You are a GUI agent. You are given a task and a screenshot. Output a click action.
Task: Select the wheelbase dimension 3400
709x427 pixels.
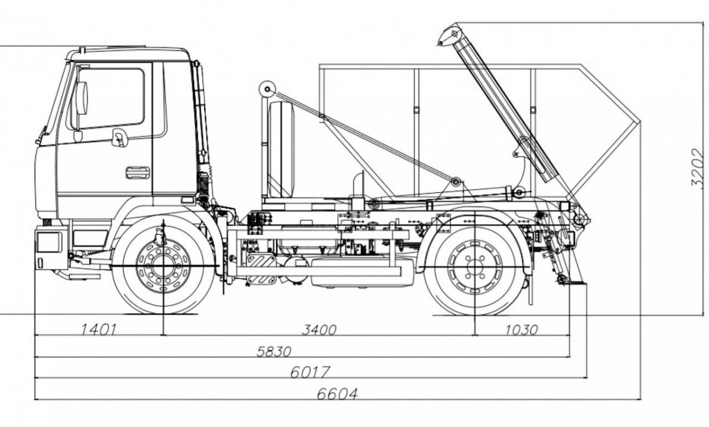click(319, 329)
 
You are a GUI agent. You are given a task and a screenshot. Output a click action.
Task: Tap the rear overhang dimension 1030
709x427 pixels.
click(522, 329)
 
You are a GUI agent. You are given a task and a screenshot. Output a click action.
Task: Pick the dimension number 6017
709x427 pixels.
click(310, 372)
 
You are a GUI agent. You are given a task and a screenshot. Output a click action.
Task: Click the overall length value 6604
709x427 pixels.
click(337, 393)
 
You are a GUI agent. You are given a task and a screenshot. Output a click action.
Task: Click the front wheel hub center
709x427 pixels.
click(163, 267)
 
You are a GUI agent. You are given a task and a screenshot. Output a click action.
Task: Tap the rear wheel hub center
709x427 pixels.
click(474, 267)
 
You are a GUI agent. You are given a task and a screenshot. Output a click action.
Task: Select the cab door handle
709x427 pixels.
click(138, 173)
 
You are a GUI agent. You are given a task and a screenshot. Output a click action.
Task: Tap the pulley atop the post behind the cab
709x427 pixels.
click(267, 90)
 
